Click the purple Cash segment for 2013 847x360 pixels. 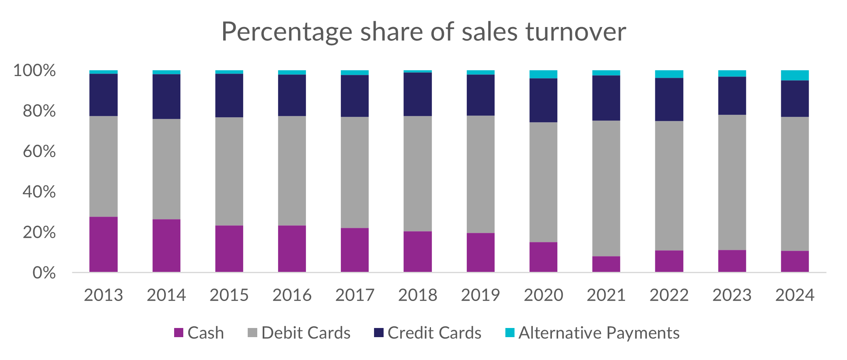pos(103,244)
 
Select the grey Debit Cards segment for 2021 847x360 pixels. pos(606,188)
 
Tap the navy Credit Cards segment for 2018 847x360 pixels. pos(417,94)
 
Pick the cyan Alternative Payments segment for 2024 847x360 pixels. pos(795,76)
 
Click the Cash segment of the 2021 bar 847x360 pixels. pos(606,264)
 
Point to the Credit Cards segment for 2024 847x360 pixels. pos(795,99)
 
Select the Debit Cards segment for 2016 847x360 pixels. pos(292,171)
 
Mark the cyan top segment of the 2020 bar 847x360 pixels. pos(543,74)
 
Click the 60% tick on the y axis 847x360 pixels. pos(39,151)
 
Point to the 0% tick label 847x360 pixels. pos(44,273)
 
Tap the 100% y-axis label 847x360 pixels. pos(34,71)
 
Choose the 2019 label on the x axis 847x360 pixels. pos(480,295)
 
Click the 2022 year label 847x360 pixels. pos(669,295)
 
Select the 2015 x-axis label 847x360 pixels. pos(229,295)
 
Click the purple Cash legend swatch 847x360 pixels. pos(179,333)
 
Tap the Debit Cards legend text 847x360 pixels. pos(306,333)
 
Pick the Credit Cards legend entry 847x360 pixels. pos(434,333)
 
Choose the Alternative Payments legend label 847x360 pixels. pos(598,333)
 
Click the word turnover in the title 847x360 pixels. pos(576,32)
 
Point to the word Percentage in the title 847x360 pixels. pos(287,32)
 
